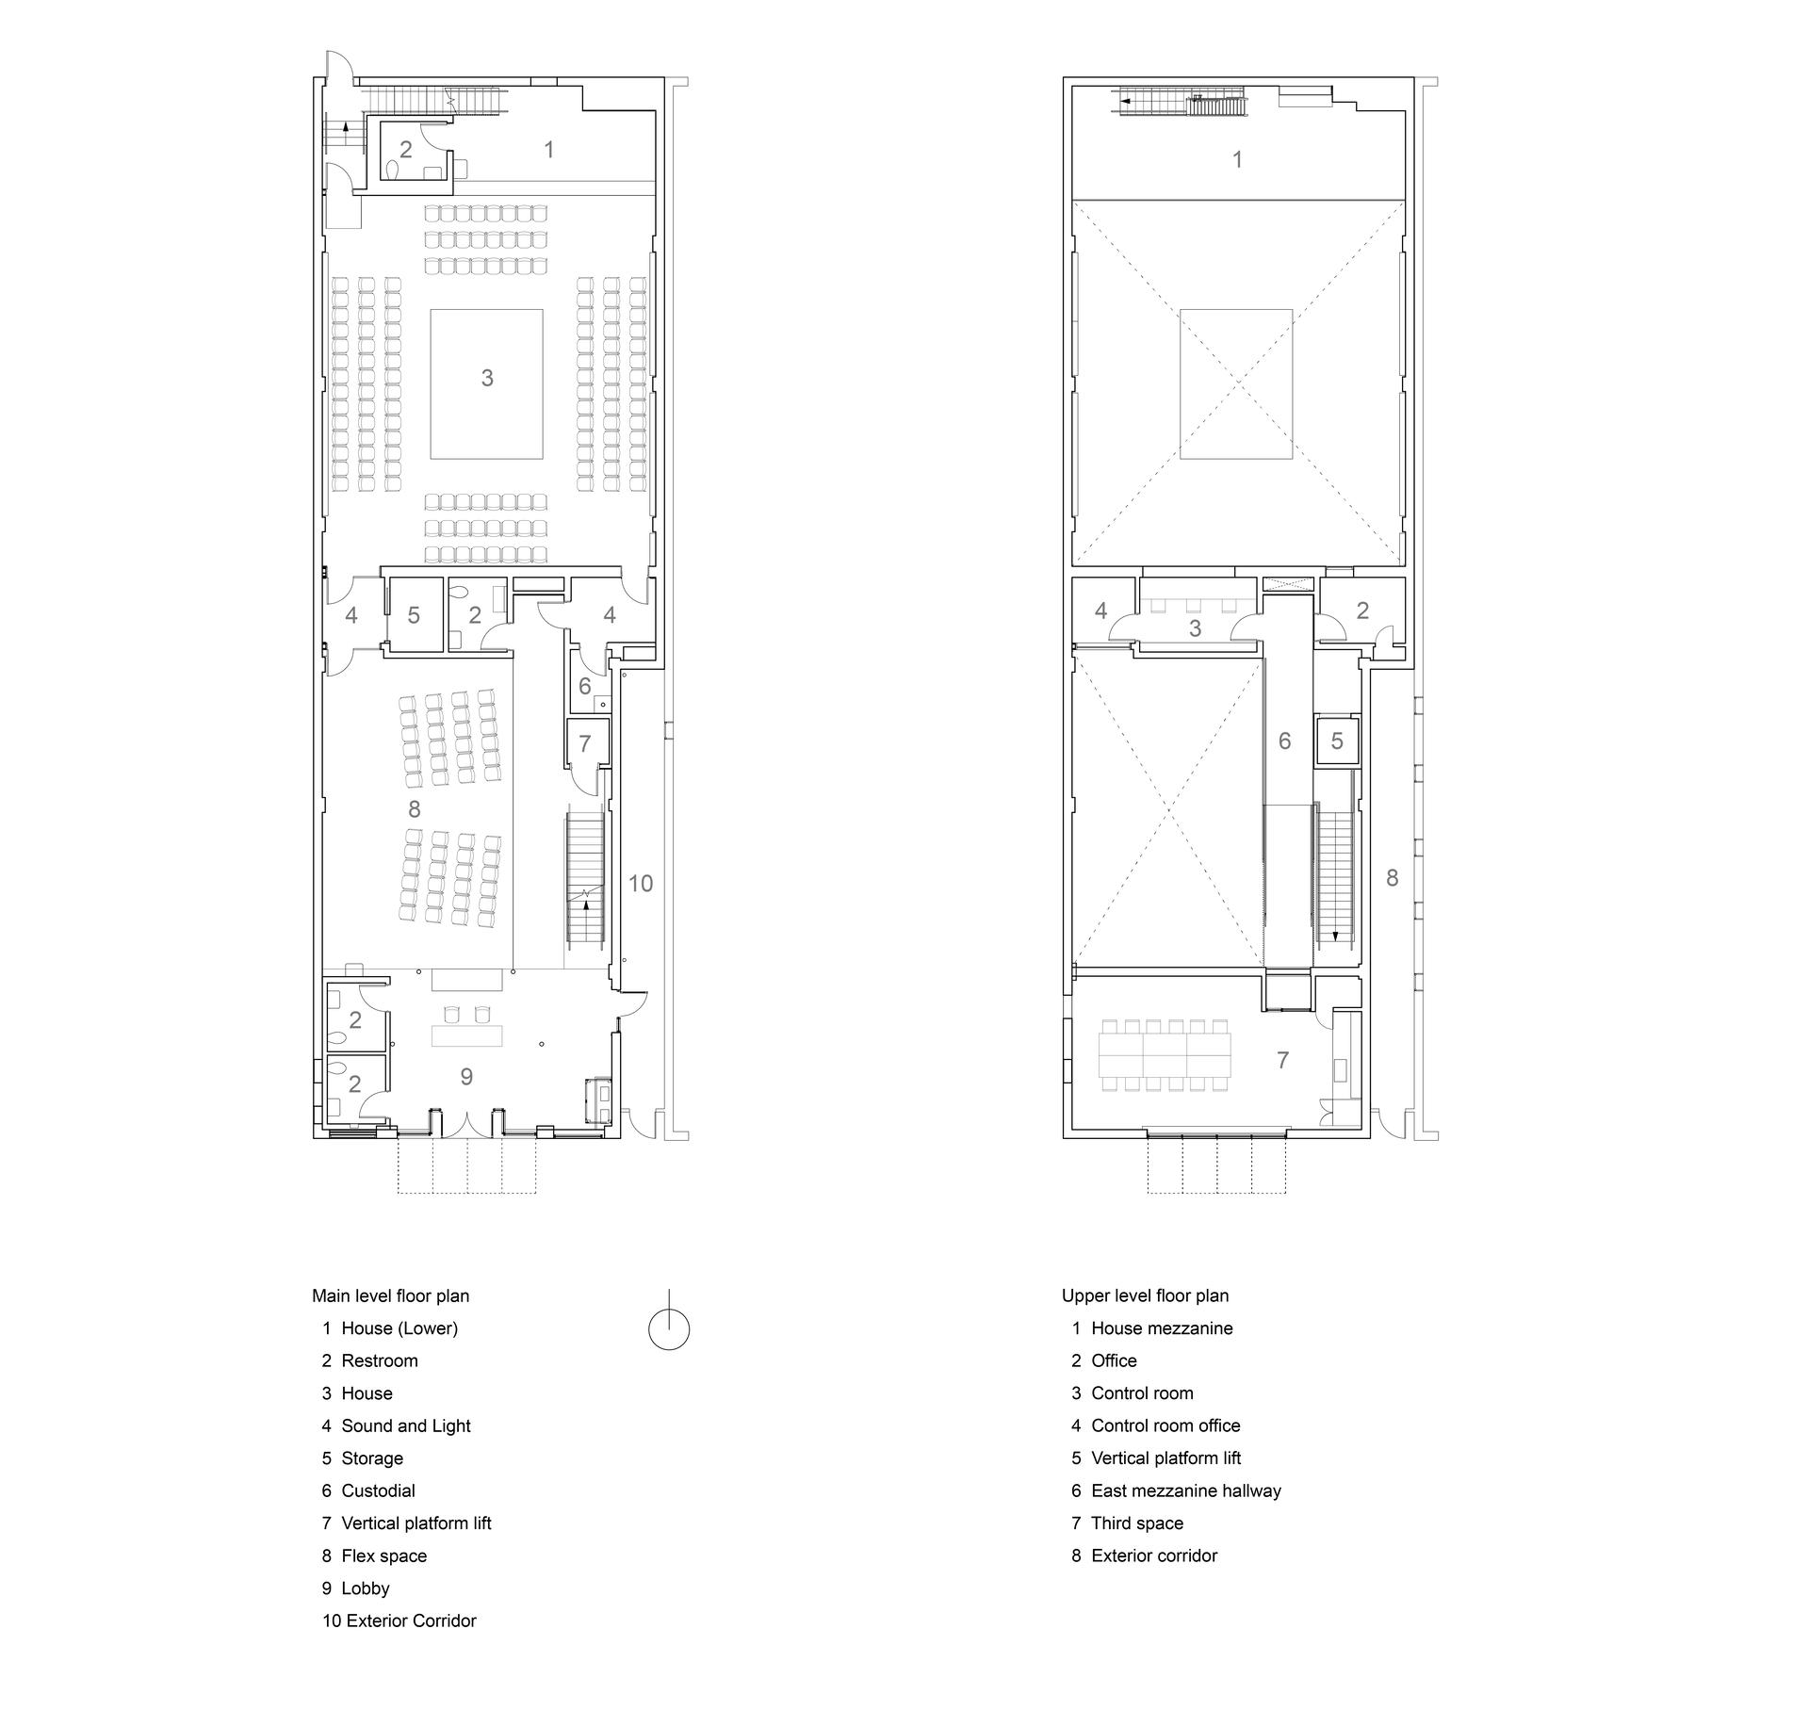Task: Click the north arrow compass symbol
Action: tap(669, 1328)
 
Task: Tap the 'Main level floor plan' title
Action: tap(391, 1295)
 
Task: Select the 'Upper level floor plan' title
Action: tap(1145, 1295)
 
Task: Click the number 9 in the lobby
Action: tap(466, 1076)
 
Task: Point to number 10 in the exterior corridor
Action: tap(641, 883)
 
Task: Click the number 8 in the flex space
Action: tap(415, 808)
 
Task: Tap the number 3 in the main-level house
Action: tap(487, 378)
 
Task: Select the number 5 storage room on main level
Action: tap(414, 615)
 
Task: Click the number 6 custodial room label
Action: tap(585, 686)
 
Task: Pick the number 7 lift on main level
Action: tap(585, 743)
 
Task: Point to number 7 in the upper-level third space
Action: tap(1282, 1060)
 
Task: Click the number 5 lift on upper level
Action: tap(1337, 741)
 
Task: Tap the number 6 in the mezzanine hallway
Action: tap(1285, 741)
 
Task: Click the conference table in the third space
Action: tap(1165, 1054)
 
